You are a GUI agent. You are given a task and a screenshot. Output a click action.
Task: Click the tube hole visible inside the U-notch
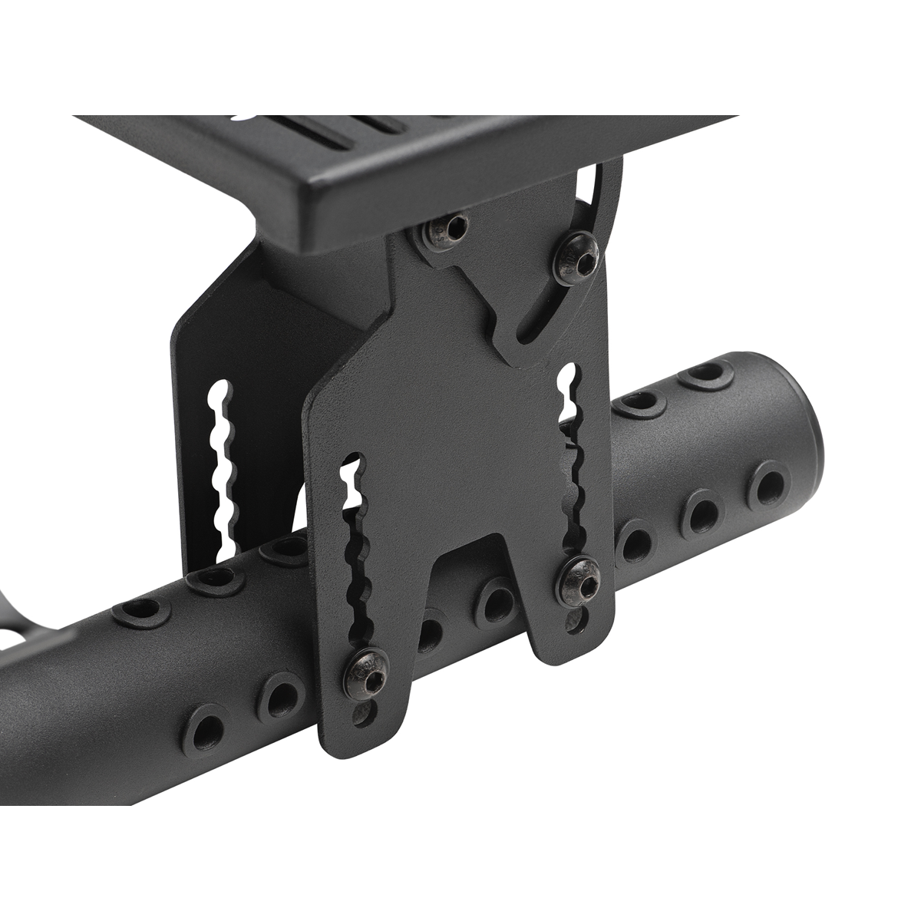495,602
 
